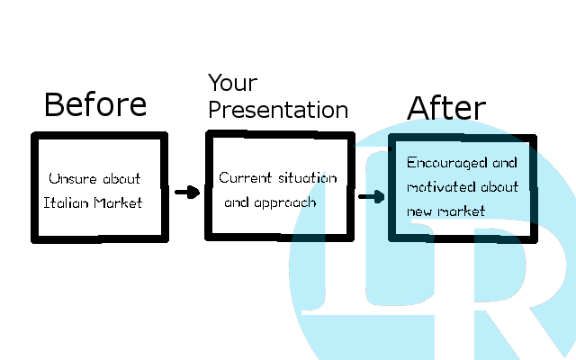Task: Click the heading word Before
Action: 95,104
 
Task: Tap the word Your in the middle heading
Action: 233,83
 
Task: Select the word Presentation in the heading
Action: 278,110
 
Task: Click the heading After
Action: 446,108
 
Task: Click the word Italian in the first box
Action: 66,202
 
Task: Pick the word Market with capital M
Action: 118,202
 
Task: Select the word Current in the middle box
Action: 246,178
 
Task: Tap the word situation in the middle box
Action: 308,178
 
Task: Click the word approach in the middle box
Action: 285,203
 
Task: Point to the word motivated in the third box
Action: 441,187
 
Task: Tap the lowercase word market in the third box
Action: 462,211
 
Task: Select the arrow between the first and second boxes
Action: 187,192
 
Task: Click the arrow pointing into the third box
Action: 372,196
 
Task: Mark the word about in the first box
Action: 121,178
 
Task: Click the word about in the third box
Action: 500,187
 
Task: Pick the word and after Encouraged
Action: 505,163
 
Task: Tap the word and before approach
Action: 237,202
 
